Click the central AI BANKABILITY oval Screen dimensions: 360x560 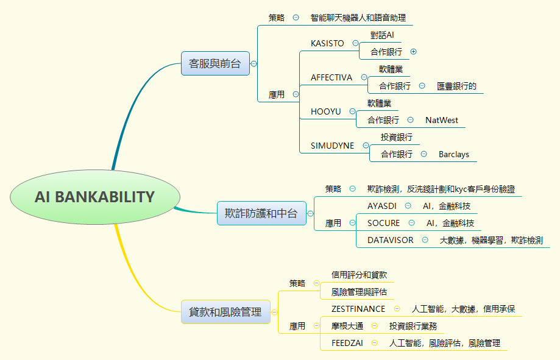[95, 197]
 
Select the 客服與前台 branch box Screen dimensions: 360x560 [215, 63]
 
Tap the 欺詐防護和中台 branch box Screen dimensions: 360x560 [261, 213]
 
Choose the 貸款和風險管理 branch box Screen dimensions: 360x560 [225, 312]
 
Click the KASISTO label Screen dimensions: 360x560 [327, 43]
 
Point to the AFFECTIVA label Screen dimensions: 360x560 [331, 77]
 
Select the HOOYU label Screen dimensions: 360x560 [326, 111]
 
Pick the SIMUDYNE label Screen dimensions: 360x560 [332, 146]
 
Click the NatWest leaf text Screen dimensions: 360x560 [442, 120]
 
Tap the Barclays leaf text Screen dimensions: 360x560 [454, 154]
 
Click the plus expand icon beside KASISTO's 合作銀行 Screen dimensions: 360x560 [414, 52]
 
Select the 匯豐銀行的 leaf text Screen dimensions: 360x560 [456, 86]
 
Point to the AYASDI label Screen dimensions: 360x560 [382, 206]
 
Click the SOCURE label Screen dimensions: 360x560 [384, 223]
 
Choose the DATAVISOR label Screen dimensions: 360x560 [390, 240]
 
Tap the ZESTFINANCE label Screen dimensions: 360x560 [358, 309]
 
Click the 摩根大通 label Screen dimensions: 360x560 [347, 326]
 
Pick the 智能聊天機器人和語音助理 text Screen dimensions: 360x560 [358, 18]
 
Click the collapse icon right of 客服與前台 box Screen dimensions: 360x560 [253, 63]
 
